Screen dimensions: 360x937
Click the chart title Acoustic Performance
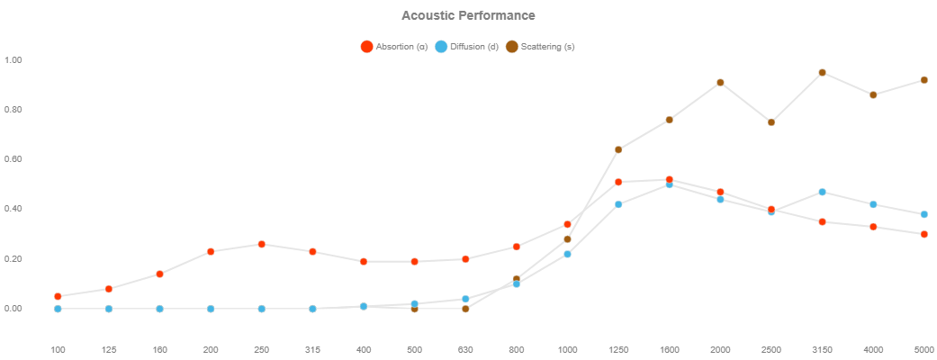point(468,15)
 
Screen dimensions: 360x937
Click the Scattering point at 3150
point(822,73)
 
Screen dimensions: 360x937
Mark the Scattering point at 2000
point(720,83)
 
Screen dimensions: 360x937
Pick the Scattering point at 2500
point(771,122)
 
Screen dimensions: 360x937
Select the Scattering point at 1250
point(618,149)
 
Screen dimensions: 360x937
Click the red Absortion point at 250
point(261,244)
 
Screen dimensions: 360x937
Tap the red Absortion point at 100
point(58,296)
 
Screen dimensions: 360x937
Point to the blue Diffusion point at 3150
point(822,192)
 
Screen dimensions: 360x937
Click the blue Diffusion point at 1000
point(567,254)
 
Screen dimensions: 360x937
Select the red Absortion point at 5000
point(924,234)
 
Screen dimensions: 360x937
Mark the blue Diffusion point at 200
point(211,309)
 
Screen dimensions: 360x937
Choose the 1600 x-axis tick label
point(669,348)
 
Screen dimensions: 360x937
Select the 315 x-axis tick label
point(312,348)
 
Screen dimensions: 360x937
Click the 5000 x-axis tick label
point(923,348)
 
